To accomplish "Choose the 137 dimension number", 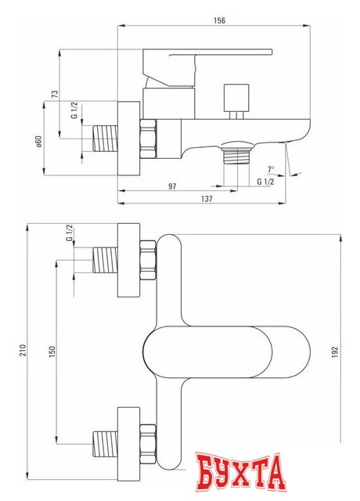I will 206,199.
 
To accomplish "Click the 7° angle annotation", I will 271,169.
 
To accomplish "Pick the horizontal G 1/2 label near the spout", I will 265,182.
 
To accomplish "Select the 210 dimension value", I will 20,348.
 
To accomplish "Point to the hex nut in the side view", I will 149,139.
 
